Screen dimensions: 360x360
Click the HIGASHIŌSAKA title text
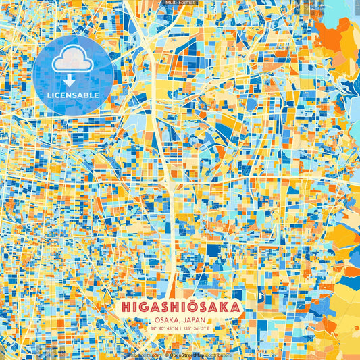(180, 307)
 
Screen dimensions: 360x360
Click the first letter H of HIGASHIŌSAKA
(126, 307)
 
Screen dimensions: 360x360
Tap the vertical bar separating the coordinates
(180, 328)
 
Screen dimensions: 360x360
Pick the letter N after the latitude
(175, 328)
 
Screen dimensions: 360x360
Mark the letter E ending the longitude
(209, 328)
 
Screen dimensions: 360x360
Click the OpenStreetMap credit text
(187, 355)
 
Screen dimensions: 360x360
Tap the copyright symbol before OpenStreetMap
(166, 355)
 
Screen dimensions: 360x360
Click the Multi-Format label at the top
(179, 3)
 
